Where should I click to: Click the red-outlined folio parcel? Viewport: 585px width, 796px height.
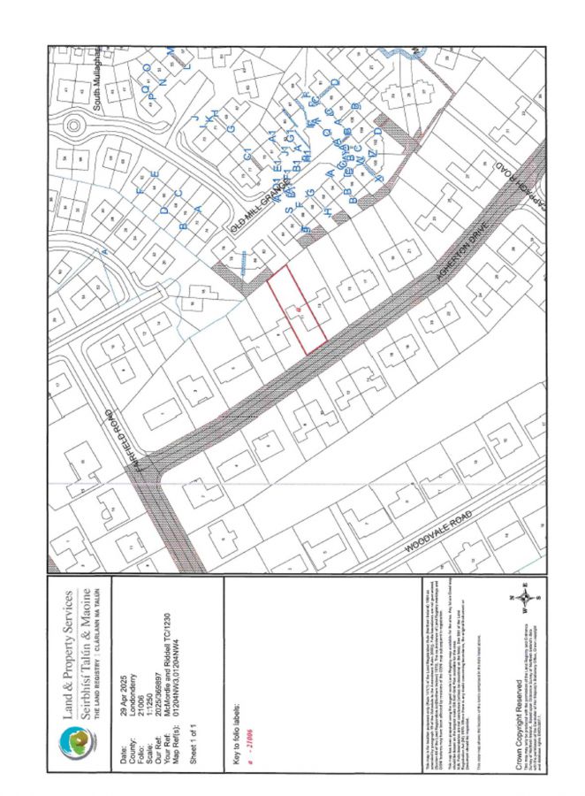tap(298, 310)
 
